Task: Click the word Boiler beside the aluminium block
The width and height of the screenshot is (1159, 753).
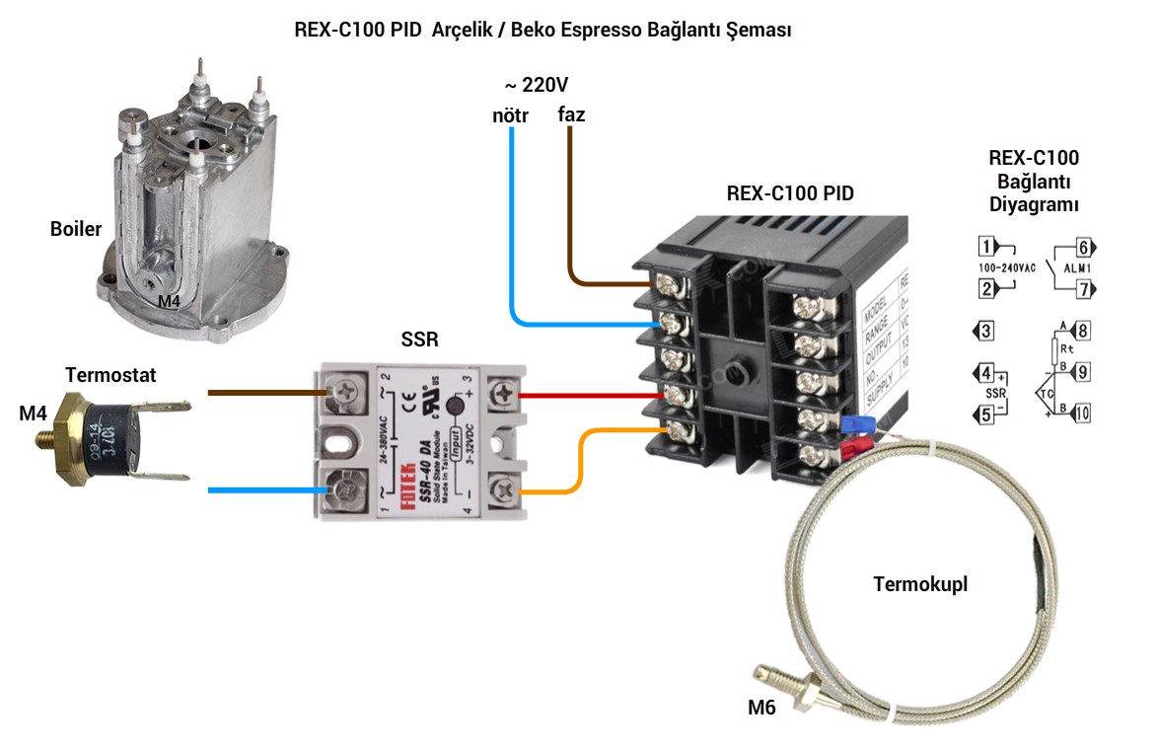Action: (x=76, y=229)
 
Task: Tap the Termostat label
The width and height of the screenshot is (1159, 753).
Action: (x=110, y=375)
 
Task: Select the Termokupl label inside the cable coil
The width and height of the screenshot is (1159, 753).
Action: (x=920, y=584)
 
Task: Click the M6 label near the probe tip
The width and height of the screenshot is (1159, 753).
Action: (x=761, y=707)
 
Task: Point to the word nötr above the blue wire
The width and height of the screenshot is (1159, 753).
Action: (x=511, y=115)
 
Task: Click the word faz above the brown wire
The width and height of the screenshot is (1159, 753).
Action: (x=571, y=114)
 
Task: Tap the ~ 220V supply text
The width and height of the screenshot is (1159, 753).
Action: (x=537, y=85)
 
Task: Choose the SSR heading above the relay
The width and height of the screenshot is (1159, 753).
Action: (x=419, y=340)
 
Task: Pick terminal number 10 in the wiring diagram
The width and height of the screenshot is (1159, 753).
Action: (x=1082, y=413)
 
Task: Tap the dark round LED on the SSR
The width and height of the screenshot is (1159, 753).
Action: (x=456, y=406)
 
